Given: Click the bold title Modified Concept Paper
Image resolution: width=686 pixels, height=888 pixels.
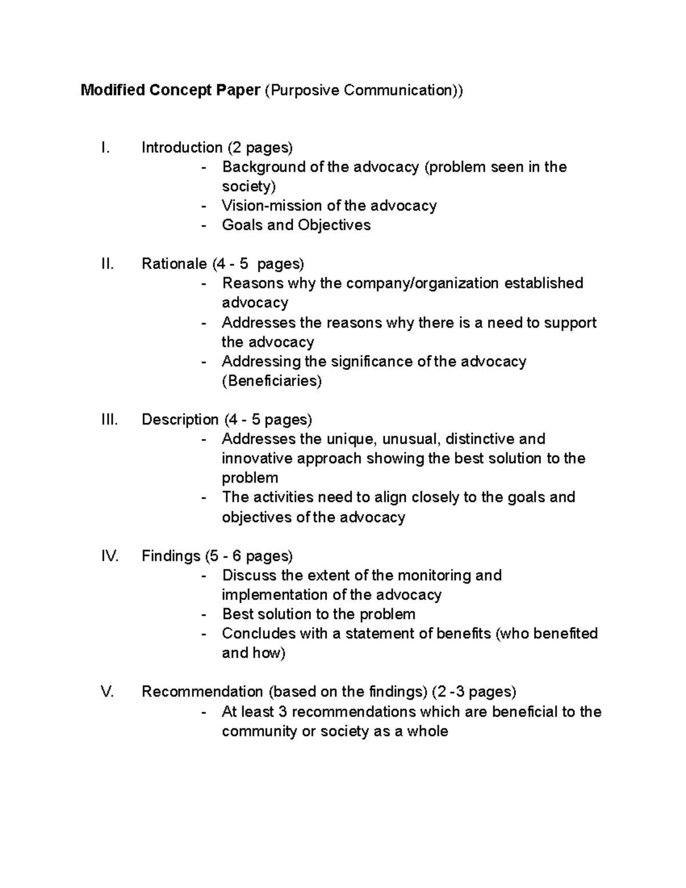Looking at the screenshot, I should coord(170,90).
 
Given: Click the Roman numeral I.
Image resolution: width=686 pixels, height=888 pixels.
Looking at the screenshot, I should coord(104,148).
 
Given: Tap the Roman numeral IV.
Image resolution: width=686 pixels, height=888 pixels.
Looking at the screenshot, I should coord(109,556).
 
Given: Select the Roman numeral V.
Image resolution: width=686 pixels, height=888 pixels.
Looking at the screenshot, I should coord(107,692).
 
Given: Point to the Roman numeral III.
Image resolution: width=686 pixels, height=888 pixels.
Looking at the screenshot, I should coord(109,420).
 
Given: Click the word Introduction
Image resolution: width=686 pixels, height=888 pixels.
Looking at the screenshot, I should coord(182,148).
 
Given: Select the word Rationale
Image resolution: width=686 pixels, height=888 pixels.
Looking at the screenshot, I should coord(174,264).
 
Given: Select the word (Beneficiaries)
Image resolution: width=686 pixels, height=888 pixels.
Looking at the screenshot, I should coord(272,381).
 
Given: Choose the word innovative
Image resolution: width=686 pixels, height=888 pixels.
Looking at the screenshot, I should coord(257,459).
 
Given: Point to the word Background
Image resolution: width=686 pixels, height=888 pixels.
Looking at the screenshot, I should coord(264,167).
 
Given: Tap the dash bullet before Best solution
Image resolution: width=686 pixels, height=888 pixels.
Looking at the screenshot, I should coord(205,615).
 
